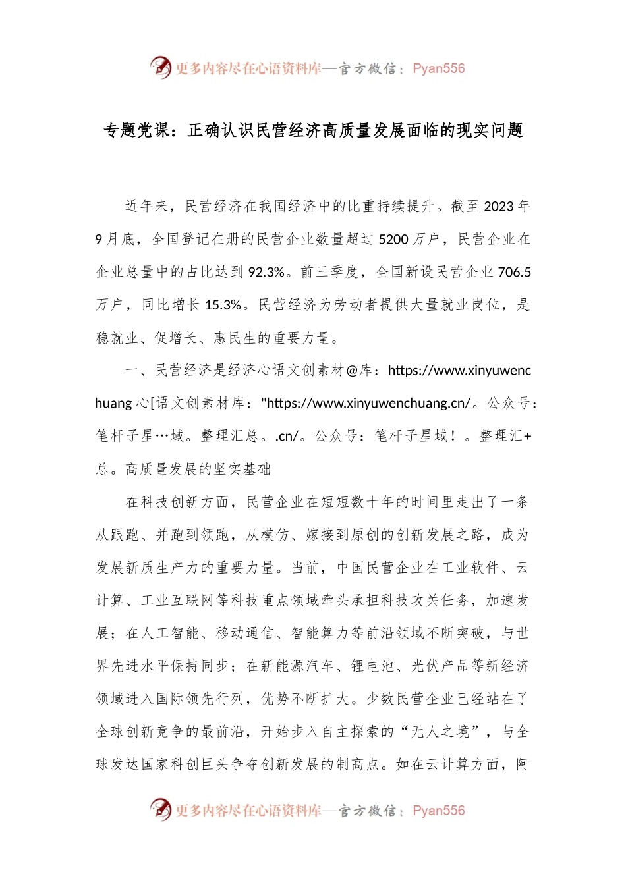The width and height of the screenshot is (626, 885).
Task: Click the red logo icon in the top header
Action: [x=160, y=67]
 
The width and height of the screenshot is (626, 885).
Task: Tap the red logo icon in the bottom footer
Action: [x=160, y=809]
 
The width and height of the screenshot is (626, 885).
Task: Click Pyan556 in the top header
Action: [x=438, y=68]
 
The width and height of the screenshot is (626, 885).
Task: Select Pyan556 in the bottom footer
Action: [x=438, y=811]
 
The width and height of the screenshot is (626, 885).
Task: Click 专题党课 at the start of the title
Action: [x=136, y=130]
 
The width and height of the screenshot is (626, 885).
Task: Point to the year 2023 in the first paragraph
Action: [x=498, y=207]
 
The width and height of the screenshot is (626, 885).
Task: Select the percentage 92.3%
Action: [x=266, y=272]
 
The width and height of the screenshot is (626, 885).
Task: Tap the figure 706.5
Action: [x=515, y=272]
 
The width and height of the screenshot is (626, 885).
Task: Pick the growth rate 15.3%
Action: [x=223, y=305]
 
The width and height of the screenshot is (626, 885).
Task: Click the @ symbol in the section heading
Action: [x=353, y=371]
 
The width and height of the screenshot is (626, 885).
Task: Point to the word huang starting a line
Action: [x=113, y=404]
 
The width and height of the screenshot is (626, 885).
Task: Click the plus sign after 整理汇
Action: [x=526, y=436]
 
